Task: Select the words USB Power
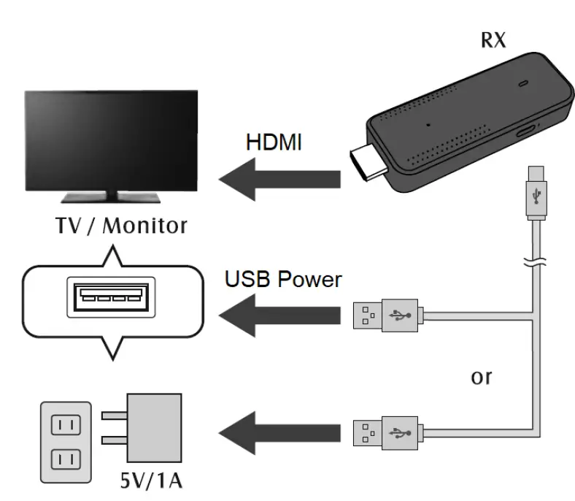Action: [x=283, y=278]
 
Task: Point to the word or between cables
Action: [x=480, y=378]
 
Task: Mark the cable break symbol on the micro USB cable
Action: [x=535, y=262]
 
